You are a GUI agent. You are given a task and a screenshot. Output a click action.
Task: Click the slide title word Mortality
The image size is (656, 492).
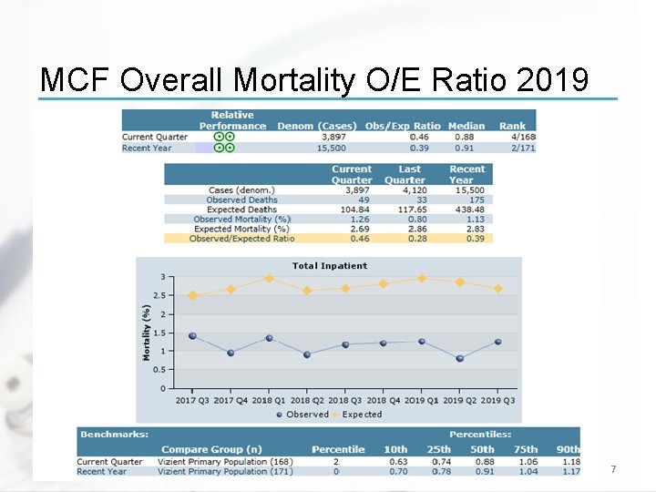(x=294, y=80)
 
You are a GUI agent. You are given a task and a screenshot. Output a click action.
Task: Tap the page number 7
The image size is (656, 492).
(x=613, y=469)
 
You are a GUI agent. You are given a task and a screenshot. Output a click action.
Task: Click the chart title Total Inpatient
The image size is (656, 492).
(x=330, y=266)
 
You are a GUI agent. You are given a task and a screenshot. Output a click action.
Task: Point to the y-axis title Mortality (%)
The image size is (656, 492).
(x=146, y=332)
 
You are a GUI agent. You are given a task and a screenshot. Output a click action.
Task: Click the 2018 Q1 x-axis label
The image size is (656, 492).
(x=269, y=400)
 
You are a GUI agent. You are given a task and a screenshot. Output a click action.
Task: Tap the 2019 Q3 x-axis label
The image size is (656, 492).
(x=497, y=400)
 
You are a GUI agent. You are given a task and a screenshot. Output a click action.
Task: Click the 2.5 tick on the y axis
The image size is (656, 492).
(x=159, y=295)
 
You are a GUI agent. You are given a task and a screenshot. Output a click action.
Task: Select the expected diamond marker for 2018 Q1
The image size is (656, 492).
(x=269, y=279)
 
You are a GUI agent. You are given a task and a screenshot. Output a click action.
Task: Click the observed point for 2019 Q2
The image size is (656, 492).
(x=460, y=358)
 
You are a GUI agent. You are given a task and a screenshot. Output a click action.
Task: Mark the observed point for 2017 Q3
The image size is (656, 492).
(x=192, y=336)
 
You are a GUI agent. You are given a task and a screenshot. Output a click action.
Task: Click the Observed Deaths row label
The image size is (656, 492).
(x=241, y=200)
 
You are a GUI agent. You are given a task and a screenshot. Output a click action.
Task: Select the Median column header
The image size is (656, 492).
(x=466, y=126)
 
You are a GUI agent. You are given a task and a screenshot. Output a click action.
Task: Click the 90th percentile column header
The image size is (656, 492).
(x=568, y=449)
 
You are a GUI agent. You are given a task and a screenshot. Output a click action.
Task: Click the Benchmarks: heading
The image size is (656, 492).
(x=115, y=435)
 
